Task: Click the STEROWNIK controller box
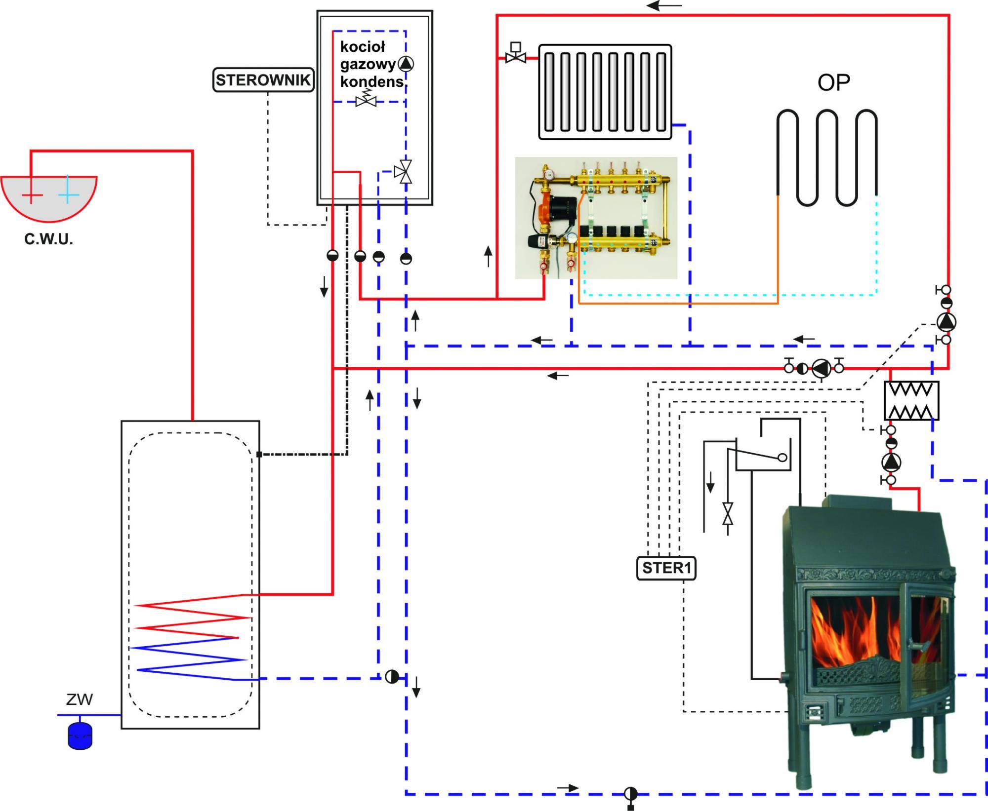tap(264, 80)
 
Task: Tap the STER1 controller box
tap(666, 568)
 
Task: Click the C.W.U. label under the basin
tap(48, 240)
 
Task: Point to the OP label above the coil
tap(834, 82)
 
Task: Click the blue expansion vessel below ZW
tap(80, 736)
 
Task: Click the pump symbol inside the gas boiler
tap(406, 64)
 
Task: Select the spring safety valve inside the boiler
tap(366, 99)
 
